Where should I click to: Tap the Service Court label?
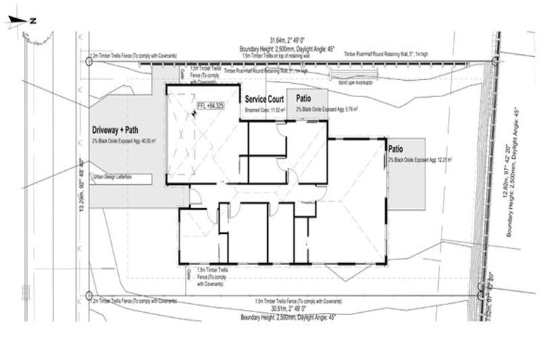(263, 100)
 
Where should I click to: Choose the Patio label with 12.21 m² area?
(397, 150)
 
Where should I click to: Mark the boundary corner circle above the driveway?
(89, 61)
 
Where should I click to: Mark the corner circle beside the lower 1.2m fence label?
(89, 295)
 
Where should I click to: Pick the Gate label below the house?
(190, 276)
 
